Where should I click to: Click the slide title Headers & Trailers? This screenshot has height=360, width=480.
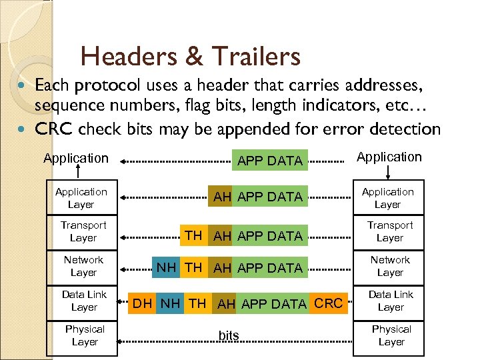190,57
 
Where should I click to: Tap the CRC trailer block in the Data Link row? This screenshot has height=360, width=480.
328,304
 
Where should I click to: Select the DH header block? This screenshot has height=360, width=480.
143,304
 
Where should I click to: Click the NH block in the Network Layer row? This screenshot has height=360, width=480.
167,268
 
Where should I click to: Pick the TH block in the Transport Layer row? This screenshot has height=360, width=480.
193,235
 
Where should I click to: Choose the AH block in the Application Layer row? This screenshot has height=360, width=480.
222,197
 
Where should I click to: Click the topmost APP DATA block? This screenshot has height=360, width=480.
270,161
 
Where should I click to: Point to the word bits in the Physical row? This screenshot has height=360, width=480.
229,335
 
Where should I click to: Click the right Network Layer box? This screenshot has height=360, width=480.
390,266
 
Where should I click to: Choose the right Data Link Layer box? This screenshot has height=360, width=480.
390,301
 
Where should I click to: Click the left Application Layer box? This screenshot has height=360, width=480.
81,197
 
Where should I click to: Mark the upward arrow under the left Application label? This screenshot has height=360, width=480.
77,172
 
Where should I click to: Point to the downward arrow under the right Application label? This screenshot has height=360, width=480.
388,172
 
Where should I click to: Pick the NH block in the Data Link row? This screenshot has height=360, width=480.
171,304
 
